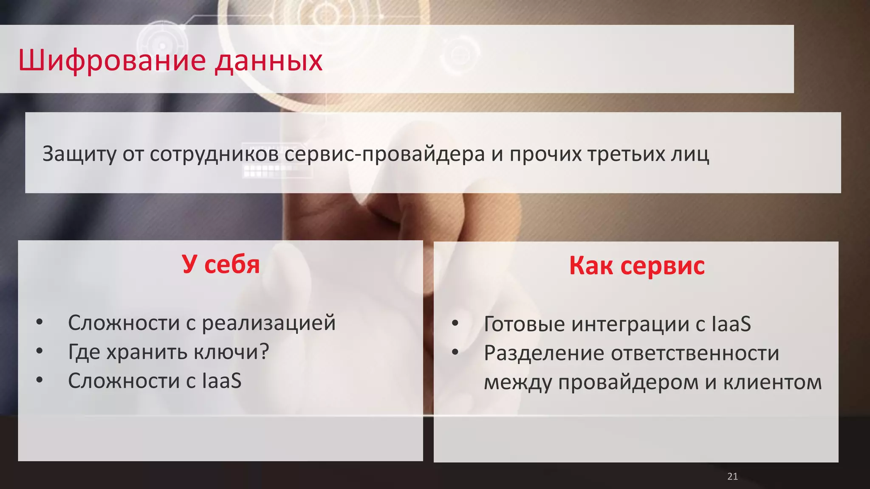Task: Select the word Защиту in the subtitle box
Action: (79, 154)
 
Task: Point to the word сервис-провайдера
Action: (384, 154)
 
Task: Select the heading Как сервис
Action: (636, 266)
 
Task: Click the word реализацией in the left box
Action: (268, 323)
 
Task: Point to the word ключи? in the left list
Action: (231, 352)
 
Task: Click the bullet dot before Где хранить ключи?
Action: (40, 351)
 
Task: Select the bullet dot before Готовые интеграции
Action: (455, 323)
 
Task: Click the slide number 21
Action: (732, 476)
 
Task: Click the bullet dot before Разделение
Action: (455, 352)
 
